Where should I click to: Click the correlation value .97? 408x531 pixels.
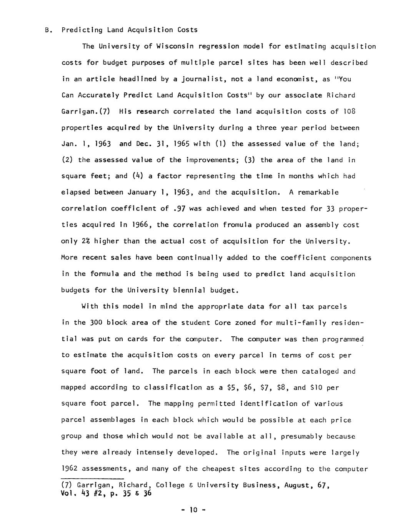pyautogui.click(x=180, y=209)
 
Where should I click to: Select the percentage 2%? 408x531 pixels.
pyautogui.click(x=85, y=241)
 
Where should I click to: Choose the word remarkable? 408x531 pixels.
pyautogui.click(x=318, y=192)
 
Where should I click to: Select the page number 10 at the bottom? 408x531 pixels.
pyautogui.click(x=193, y=510)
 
